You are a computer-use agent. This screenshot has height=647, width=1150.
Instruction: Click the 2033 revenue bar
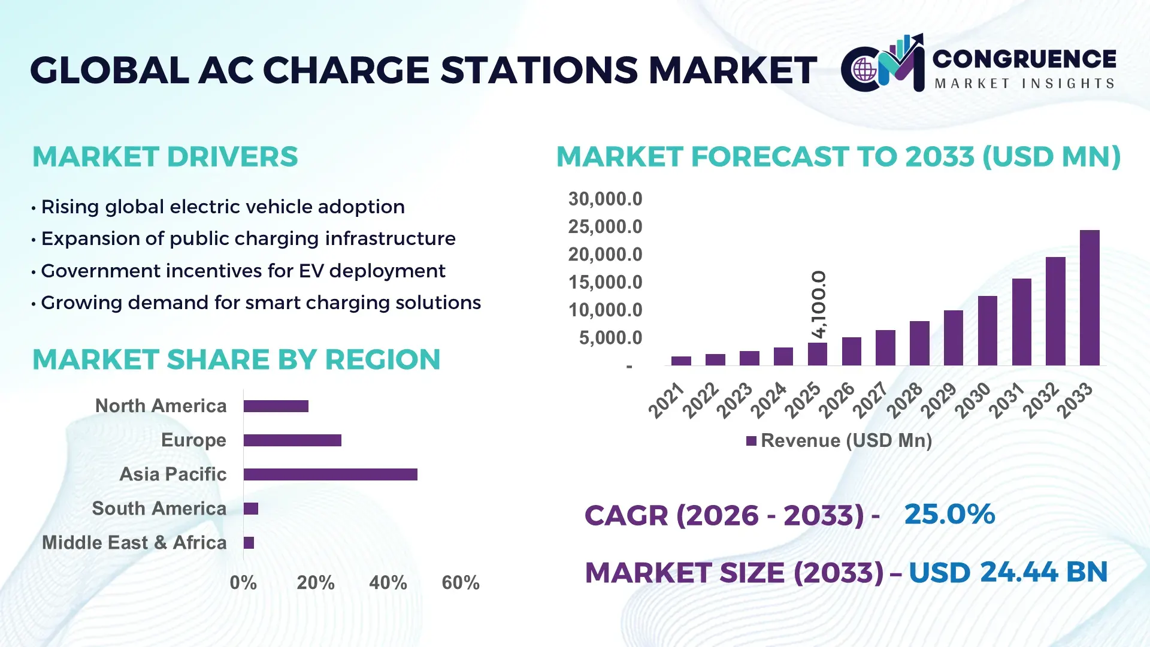point(1090,298)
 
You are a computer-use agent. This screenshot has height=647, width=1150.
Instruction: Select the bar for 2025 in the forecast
point(817,354)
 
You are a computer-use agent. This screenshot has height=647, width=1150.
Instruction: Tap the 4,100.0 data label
point(819,304)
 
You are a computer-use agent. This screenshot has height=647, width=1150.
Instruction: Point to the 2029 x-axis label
point(939,400)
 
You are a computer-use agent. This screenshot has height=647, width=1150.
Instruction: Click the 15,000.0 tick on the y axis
point(605,282)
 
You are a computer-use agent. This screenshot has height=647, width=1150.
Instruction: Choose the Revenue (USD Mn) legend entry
point(839,441)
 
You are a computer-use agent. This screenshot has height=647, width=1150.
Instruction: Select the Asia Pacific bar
point(330,474)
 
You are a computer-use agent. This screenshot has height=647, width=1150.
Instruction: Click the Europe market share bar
point(292,440)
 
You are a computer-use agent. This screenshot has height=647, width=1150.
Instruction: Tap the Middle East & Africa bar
point(249,543)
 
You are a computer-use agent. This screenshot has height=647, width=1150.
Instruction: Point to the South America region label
point(159,509)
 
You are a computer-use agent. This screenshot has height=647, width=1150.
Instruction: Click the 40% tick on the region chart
point(388,582)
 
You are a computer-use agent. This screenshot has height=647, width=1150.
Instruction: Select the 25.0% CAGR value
point(949,514)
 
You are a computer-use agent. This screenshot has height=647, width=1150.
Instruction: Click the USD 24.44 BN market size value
point(1007,572)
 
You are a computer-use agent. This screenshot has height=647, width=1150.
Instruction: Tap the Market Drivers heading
point(165,157)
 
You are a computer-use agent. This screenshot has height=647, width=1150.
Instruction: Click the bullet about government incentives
point(243,271)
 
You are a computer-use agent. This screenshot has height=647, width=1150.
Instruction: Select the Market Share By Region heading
point(236,360)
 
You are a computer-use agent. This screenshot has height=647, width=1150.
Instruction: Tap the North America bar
point(276,406)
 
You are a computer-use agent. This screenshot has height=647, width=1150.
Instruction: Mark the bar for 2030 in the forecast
point(987,331)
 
